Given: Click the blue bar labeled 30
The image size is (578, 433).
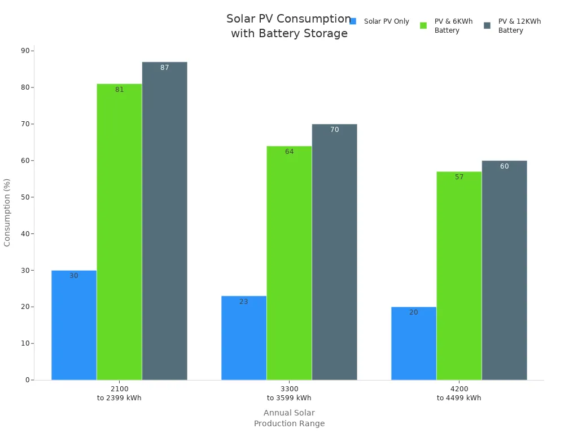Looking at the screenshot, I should coord(74,325).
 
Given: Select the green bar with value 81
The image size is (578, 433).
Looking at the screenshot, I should coord(119,232).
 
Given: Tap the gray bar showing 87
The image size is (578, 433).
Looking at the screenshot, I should coord(164,221).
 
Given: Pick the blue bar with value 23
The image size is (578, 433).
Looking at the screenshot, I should coord(244,338).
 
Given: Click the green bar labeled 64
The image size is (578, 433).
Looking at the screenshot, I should coord(289,263).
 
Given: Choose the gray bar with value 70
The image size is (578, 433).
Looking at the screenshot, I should coord(334,252).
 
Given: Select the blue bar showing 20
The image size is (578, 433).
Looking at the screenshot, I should coord(414,343).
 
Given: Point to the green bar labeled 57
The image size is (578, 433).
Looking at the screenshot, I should coord(459,276).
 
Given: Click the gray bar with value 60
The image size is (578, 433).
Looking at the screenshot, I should coord(504,270).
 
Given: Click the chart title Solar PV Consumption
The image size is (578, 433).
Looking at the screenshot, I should coord(289,26).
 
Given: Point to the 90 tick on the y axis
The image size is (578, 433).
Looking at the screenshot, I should coord(25,51).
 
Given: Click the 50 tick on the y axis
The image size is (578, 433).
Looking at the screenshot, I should coord(25,197).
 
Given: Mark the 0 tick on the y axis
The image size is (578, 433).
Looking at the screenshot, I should coord(27,380).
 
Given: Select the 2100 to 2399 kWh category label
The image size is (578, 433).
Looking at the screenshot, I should coord(119,394).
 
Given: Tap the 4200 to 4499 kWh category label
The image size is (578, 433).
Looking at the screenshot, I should coord(459,394).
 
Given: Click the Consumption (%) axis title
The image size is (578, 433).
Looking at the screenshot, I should coord(7,213).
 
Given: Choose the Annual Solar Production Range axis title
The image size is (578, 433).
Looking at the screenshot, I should coord(289,418).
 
